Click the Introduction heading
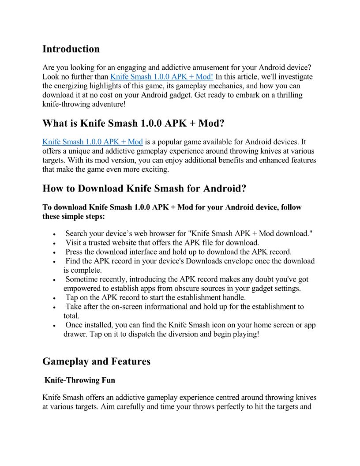pyautogui.click(x=71, y=49)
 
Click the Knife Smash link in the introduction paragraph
pyautogui.click(x=161, y=77)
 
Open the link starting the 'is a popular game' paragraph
pyautogui.click(x=93, y=142)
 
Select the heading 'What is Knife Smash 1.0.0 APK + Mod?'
pyautogui.click(x=130, y=123)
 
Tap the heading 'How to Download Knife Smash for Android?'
pyautogui.click(x=144, y=188)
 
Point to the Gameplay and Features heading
pyautogui.click(x=96, y=361)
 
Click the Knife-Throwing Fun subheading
pyautogui.click(x=80, y=380)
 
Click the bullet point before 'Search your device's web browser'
pyautogui.click(x=54, y=234)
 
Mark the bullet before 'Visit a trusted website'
pyautogui.click(x=54, y=243)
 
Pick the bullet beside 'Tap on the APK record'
pyautogui.click(x=54, y=298)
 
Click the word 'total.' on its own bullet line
pyautogui.click(x=71, y=316)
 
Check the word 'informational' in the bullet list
pyautogui.click(x=176, y=307)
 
